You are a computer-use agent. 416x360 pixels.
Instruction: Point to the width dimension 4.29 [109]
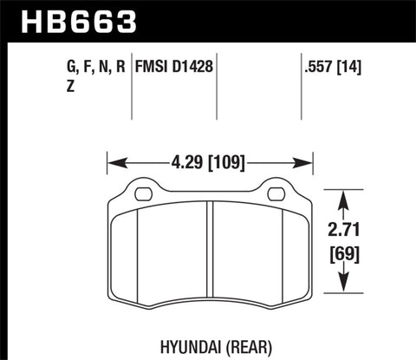click(209, 161)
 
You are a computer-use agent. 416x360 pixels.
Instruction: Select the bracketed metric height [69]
click(345, 256)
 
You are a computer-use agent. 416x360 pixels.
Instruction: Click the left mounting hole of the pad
click(144, 193)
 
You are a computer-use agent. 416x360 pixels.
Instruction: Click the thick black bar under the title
click(208, 39)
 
